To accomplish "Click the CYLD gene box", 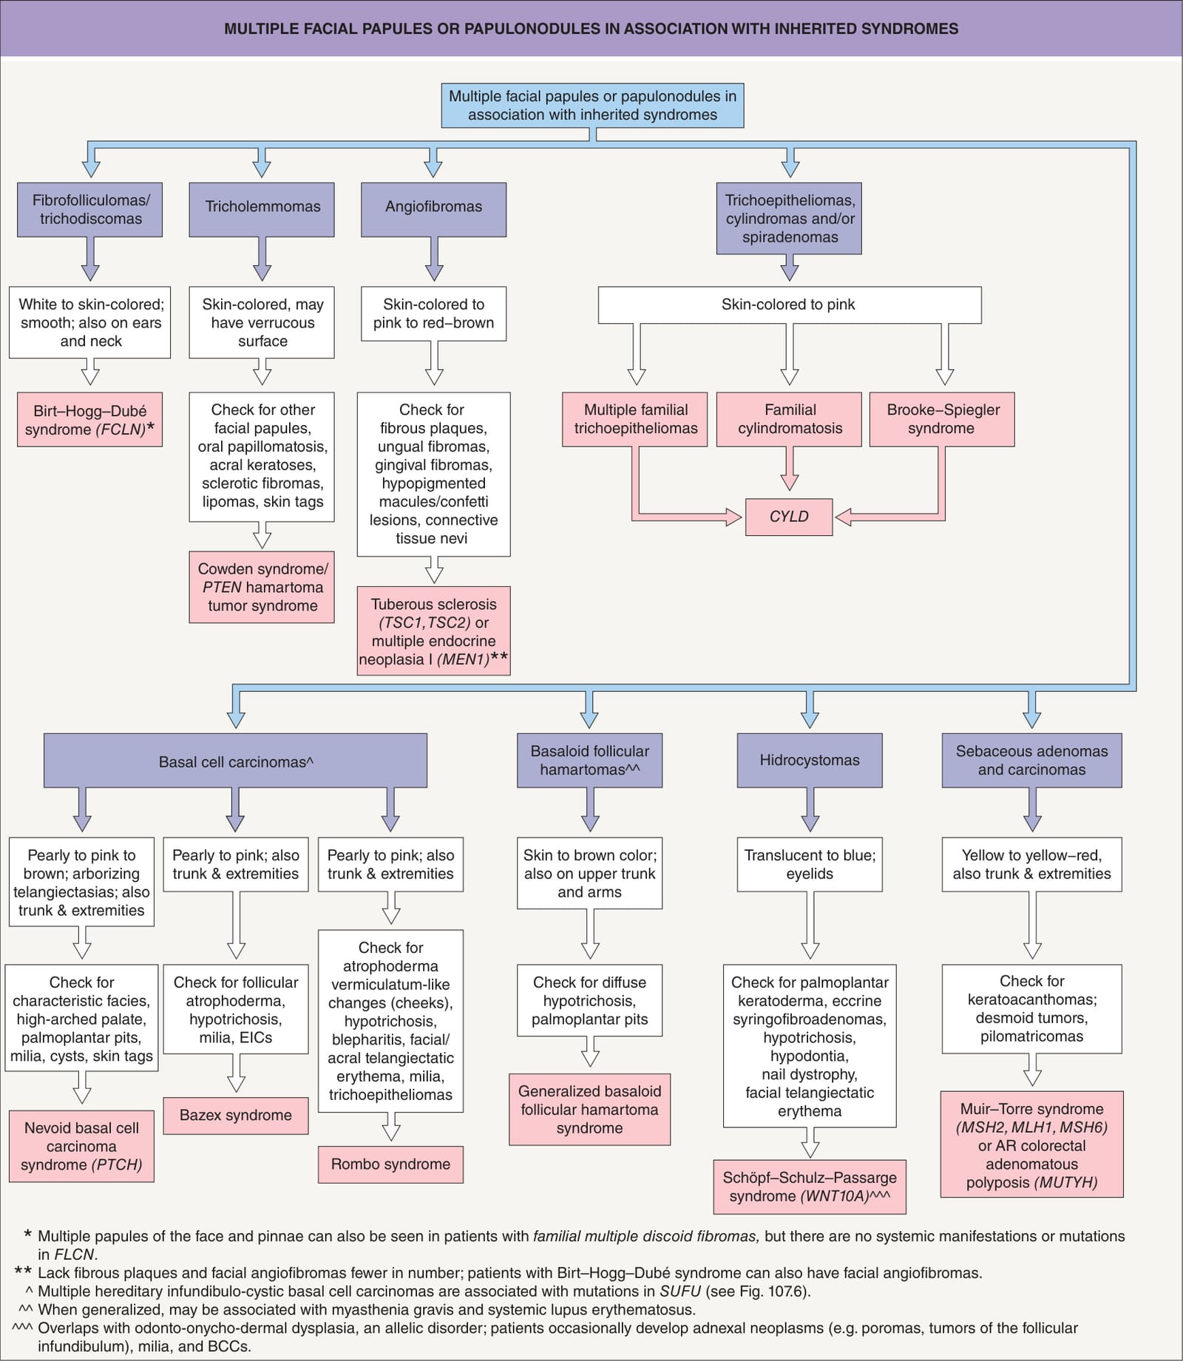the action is click(x=789, y=517).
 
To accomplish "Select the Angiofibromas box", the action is click(x=433, y=209).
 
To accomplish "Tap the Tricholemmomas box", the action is click(x=262, y=209).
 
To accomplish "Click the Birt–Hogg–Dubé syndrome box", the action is click(x=89, y=419).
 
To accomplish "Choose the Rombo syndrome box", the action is click(x=390, y=1164).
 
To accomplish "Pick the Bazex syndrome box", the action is click(x=236, y=1116).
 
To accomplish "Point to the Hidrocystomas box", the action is click(x=810, y=760).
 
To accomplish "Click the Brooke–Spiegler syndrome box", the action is click(x=942, y=419).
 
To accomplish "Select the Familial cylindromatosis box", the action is click(x=789, y=419).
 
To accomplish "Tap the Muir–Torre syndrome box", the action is click(x=1032, y=1144).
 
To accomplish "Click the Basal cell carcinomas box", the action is click(x=235, y=760).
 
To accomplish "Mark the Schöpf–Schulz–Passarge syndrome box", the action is click(x=810, y=1187).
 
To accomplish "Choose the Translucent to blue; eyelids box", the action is click(x=810, y=864).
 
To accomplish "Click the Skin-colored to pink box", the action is click(x=790, y=305).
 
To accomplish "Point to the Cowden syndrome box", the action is click(x=262, y=587).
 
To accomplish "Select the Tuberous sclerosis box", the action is click(x=433, y=631).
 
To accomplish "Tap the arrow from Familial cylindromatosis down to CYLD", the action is click(x=790, y=469).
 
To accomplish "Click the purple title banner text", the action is click(x=591, y=29).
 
